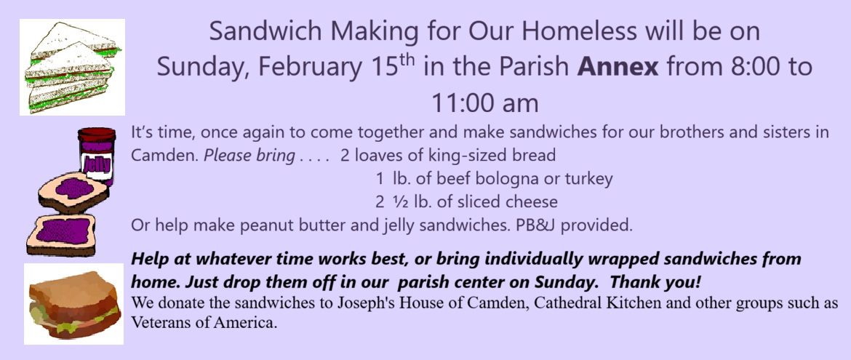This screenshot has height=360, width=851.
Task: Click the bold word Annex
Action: (x=618, y=68)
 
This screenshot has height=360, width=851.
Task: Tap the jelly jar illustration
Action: (x=97, y=157)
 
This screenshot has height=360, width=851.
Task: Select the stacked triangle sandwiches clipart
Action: (x=73, y=67)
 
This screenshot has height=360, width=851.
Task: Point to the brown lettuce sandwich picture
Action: (x=73, y=304)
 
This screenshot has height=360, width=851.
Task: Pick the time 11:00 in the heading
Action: (x=463, y=103)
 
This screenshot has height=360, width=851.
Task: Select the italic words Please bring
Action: (x=249, y=156)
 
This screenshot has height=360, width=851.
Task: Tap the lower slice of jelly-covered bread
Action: (x=61, y=235)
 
